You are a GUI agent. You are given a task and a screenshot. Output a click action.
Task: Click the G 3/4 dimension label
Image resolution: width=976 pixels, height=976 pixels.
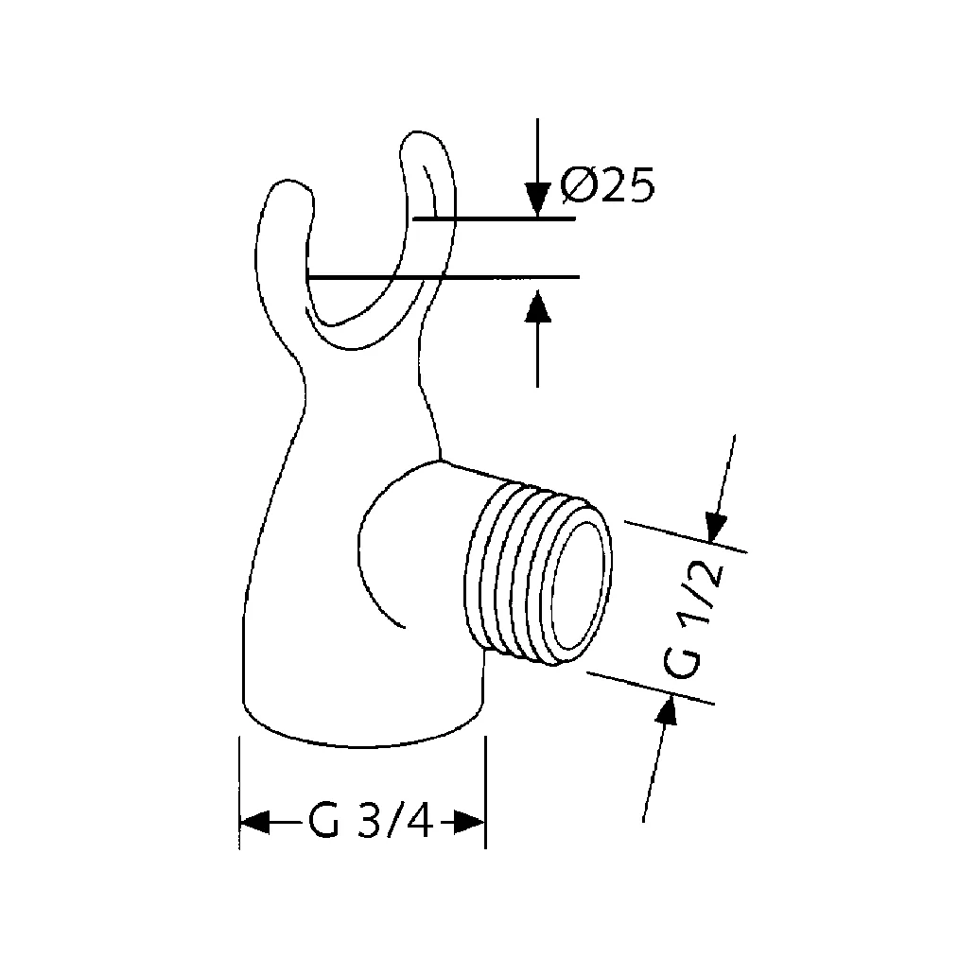(x=370, y=822)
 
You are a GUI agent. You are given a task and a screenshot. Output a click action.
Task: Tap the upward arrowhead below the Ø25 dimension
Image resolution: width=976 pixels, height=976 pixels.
(x=537, y=307)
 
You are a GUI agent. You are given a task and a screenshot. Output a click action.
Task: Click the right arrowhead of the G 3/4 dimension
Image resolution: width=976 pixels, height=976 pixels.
(x=469, y=822)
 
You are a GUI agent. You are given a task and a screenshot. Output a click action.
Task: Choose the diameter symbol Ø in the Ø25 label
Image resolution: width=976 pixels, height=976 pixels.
(x=577, y=186)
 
